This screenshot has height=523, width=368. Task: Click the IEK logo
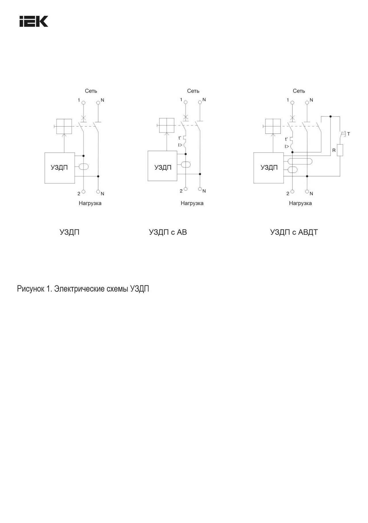click(x=34, y=21)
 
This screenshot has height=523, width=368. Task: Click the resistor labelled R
click(x=340, y=150)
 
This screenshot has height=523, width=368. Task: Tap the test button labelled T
click(x=343, y=134)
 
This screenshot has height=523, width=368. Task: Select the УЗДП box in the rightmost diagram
click(x=269, y=168)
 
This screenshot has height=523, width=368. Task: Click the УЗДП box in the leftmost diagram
click(x=60, y=168)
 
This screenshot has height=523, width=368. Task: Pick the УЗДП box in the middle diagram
click(x=162, y=166)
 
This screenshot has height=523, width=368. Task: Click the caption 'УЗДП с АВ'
click(x=168, y=232)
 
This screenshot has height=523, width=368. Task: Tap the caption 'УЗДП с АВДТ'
click(x=294, y=232)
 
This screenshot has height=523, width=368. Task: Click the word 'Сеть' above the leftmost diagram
click(x=91, y=91)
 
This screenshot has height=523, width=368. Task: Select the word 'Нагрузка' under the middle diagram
click(x=192, y=203)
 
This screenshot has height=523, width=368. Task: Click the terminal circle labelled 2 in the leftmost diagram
click(x=84, y=192)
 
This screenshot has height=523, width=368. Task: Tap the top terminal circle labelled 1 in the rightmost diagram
click(x=292, y=102)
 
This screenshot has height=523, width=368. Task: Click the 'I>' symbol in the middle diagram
click(x=180, y=145)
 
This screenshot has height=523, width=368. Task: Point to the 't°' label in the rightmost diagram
click(x=286, y=139)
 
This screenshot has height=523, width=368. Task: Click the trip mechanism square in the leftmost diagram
click(x=64, y=126)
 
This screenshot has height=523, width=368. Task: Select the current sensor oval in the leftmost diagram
click(x=83, y=166)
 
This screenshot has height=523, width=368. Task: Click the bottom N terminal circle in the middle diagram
click(x=200, y=189)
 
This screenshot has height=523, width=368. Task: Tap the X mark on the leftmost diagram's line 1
click(x=84, y=118)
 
